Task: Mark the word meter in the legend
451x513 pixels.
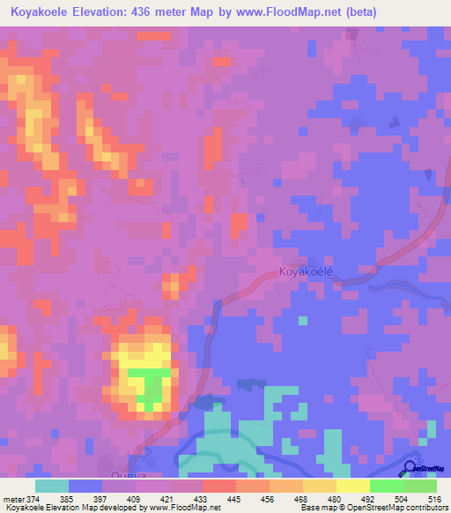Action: click(12, 500)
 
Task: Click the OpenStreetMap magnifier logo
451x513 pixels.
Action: click(410, 470)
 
